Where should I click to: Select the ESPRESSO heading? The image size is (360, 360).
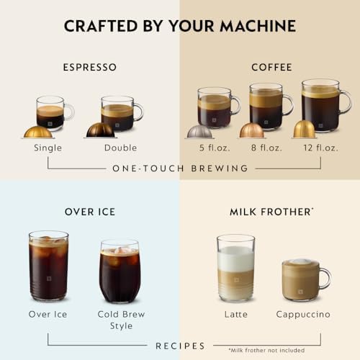[90, 68]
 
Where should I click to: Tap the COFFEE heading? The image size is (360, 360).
[271, 68]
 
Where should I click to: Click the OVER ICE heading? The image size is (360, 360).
[89, 212]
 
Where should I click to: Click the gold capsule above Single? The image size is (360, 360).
[37, 132]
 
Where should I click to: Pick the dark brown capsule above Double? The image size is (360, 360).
[100, 130]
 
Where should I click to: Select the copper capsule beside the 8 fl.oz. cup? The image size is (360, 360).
[251, 130]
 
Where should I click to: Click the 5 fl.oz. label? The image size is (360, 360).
[212, 148]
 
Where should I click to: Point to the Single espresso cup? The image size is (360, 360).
[52, 112]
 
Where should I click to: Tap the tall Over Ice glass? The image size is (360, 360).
[49, 266]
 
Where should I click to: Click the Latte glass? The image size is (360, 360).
[236, 268]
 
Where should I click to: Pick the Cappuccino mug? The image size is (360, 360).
[302, 279]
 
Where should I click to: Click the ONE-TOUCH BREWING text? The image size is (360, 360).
[180, 168]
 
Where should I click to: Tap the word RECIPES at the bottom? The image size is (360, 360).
[180, 346]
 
